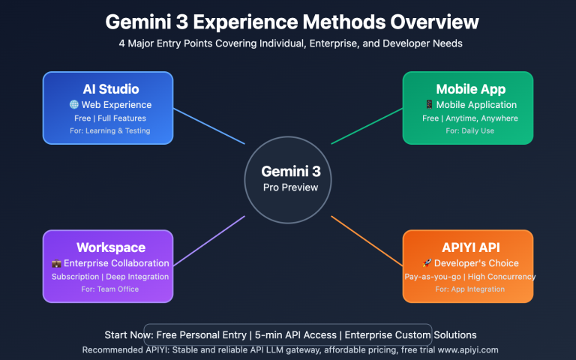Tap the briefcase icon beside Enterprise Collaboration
pos(56,263)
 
